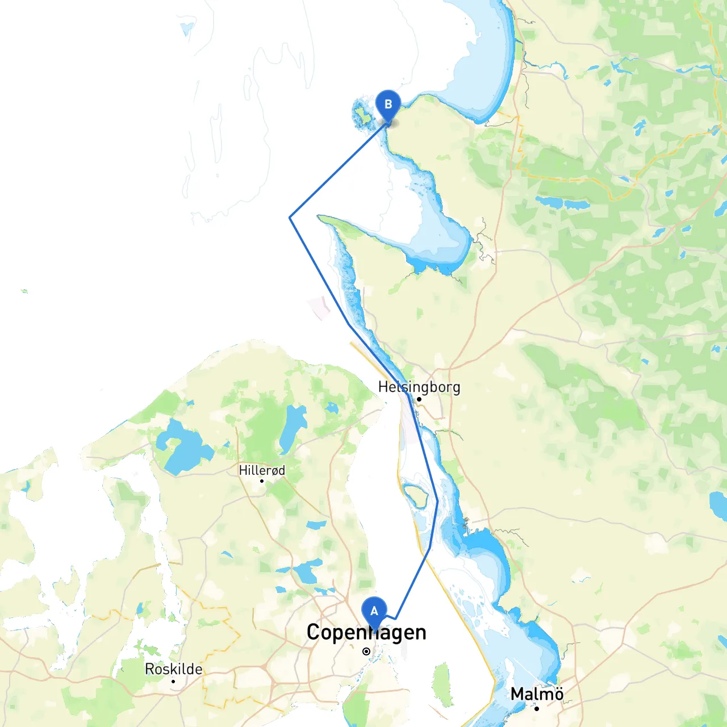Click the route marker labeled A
(x=374, y=612)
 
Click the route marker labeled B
(x=388, y=105)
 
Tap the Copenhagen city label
(x=366, y=632)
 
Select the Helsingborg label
(x=419, y=387)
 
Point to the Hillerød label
(x=262, y=470)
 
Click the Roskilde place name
(x=173, y=669)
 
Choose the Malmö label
(x=537, y=694)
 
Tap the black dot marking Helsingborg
(x=419, y=399)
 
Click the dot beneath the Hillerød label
(x=262, y=481)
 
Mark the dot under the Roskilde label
(x=173, y=681)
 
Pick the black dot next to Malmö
(x=537, y=708)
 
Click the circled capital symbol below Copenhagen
(x=366, y=651)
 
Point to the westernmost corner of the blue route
(x=290, y=218)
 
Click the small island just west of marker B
(x=361, y=114)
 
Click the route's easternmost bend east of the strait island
(x=437, y=501)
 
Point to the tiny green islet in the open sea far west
(x=24, y=291)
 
